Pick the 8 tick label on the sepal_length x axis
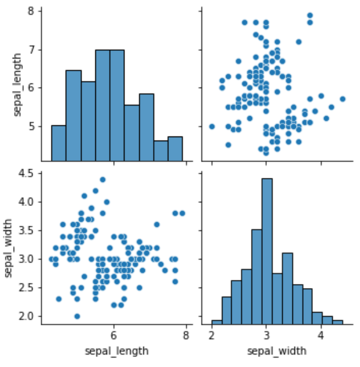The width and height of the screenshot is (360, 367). tap(185, 336)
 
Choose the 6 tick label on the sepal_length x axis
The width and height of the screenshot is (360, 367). tap(113, 336)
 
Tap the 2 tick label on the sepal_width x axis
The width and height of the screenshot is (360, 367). tap(212, 336)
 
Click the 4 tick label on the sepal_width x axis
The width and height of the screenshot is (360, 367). tap(321, 336)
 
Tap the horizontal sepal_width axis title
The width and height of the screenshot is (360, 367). tap(277, 351)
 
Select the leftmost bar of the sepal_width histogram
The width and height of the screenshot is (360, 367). tap(217, 323)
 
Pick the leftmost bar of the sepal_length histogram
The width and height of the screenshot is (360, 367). tap(58, 143)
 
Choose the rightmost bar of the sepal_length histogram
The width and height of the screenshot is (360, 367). tap(175, 148)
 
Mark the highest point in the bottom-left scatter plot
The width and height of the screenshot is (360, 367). tap(103, 180)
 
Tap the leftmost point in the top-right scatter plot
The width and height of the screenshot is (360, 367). tap(212, 126)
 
